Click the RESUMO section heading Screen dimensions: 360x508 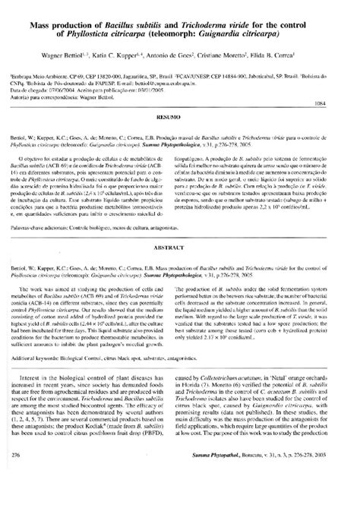point(179,118)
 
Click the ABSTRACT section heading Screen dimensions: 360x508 point(179,247)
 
